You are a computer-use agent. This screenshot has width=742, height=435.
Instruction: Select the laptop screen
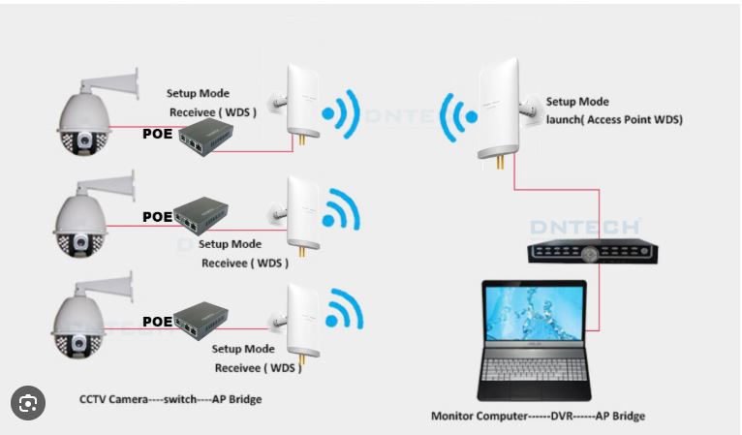point(535,318)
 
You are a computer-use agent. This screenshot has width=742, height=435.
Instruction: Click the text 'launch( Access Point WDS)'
point(614,119)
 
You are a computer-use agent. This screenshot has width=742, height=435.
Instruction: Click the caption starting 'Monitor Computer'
point(538,417)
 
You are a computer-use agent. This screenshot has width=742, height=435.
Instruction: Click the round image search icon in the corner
point(28,401)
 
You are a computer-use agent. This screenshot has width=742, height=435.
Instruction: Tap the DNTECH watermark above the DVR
point(585,227)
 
